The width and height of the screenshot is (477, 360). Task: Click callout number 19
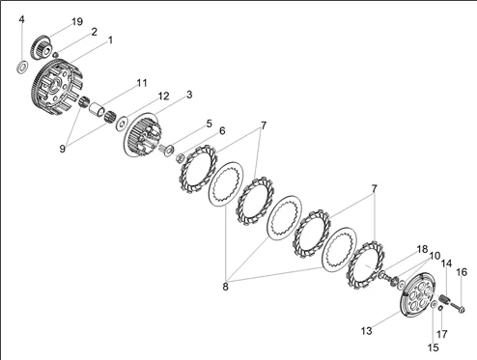tap(77, 22)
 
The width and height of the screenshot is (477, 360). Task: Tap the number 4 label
tap(21, 19)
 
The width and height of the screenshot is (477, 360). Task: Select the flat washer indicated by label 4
tap(22, 67)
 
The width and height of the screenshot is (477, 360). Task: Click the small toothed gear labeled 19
tap(42, 48)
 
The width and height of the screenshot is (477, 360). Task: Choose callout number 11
tap(142, 83)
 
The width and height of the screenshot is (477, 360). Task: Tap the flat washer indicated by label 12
tap(122, 124)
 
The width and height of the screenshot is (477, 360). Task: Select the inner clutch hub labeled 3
tap(143, 135)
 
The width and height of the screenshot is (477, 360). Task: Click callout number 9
tap(62, 149)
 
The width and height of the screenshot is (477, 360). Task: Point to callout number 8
tap(225, 287)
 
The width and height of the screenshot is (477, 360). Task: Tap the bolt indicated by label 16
tap(457, 307)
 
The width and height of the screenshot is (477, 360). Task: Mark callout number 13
tap(366, 331)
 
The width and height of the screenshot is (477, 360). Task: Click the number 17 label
tap(442, 334)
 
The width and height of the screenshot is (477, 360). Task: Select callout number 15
tap(434, 347)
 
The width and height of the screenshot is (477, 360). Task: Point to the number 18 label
tap(423, 249)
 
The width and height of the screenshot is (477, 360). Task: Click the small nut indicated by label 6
tap(181, 157)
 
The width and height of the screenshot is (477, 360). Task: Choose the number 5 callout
tap(210, 124)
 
